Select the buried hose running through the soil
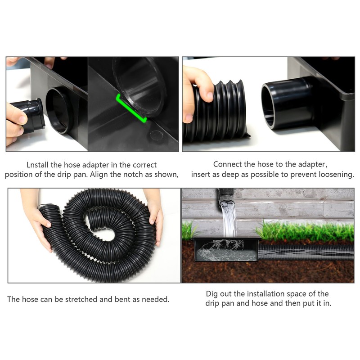coord(306,252)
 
